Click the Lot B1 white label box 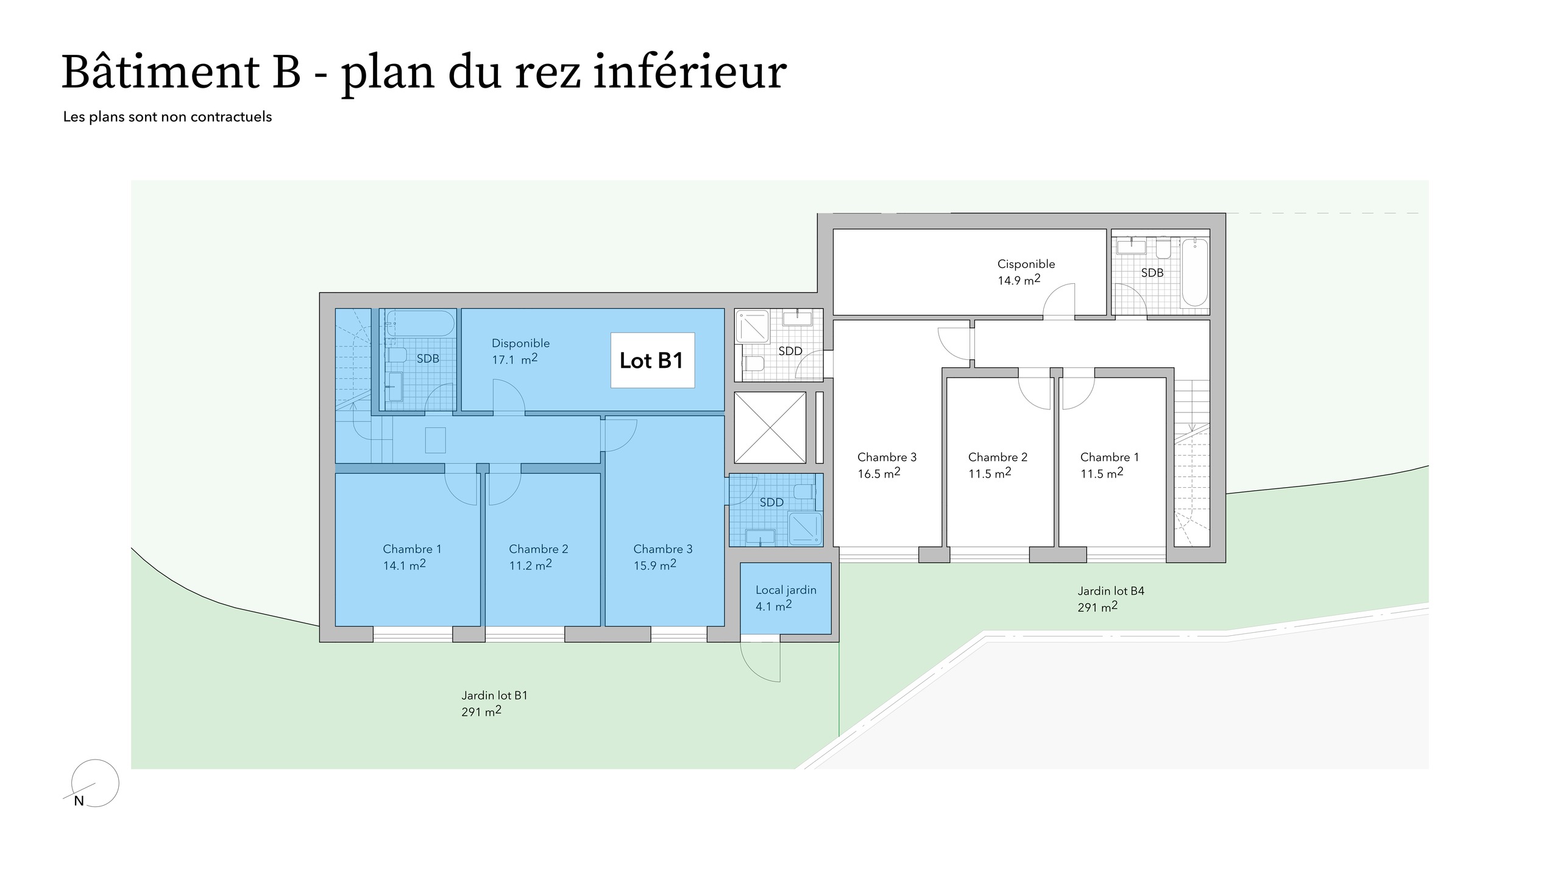pyautogui.click(x=653, y=360)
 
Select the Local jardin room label pyautogui.click(x=785, y=590)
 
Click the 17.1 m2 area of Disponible pyautogui.click(x=515, y=359)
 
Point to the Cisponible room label pyautogui.click(x=1026, y=264)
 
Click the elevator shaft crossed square pyautogui.click(x=770, y=428)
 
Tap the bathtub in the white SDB pyautogui.click(x=1195, y=272)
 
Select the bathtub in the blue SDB pyautogui.click(x=420, y=323)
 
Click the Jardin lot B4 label pyautogui.click(x=1111, y=591)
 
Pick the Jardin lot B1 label pyautogui.click(x=494, y=696)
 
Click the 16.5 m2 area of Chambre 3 pyautogui.click(x=879, y=473)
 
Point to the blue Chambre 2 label pyautogui.click(x=539, y=549)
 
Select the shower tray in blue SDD pyautogui.click(x=804, y=527)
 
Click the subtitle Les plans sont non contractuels pyautogui.click(x=168, y=117)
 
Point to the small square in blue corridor pyautogui.click(x=435, y=440)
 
